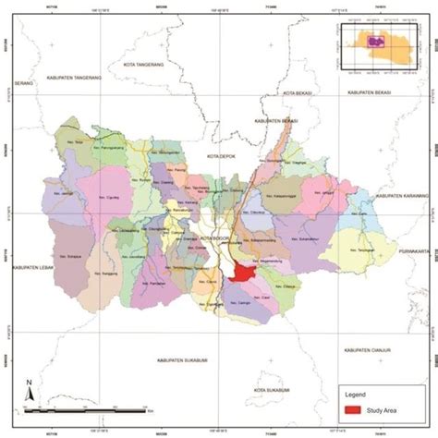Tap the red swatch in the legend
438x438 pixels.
(x=351, y=409)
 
